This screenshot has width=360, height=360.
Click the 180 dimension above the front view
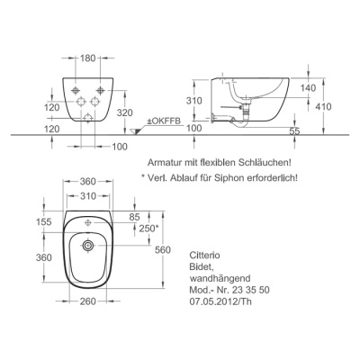click(87, 58)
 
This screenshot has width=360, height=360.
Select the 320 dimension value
click(125, 112)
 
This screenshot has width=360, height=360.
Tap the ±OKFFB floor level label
click(164, 121)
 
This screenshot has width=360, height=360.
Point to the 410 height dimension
click(323, 106)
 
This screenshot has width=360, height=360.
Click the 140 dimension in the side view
click(308, 88)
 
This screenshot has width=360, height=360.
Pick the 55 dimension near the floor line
click(294, 131)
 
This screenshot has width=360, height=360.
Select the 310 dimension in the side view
click(193, 101)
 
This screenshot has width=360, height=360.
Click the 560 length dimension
click(163, 249)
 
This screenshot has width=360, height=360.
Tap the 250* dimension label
click(148, 229)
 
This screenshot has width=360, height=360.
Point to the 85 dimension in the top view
click(135, 216)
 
